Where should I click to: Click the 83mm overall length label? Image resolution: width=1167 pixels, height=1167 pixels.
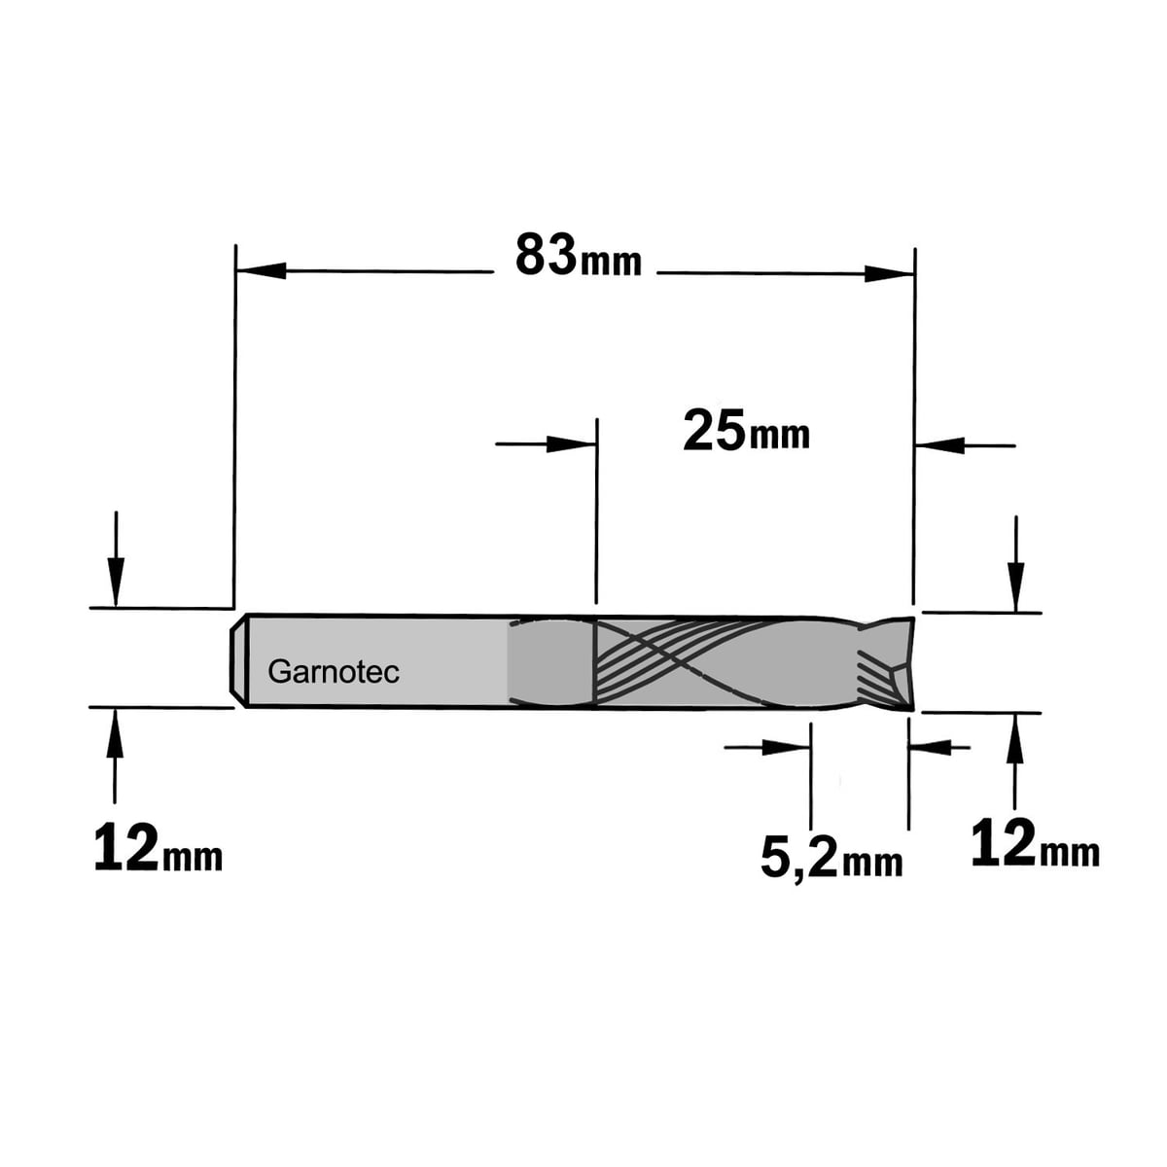coord(578,256)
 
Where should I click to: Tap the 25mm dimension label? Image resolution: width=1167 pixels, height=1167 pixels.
coord(746,430)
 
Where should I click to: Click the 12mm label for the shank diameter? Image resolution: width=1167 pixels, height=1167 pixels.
coord(159,848)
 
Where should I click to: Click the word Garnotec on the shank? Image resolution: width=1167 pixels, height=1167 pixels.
coord(334,672)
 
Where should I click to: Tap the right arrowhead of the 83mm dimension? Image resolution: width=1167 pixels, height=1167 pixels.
coord(889,273)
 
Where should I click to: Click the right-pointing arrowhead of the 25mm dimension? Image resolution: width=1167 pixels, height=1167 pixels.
coord(571,443)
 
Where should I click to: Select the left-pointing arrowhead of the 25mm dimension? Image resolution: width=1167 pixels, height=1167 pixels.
coord(938,445)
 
